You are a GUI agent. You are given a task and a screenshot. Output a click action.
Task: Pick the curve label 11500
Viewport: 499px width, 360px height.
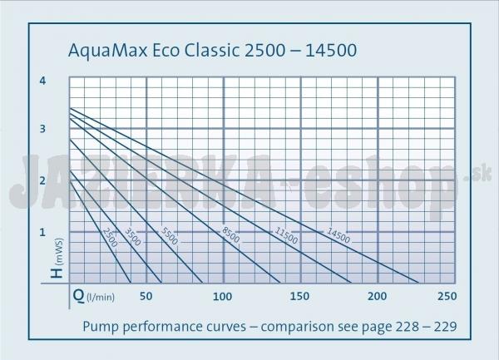[x=288, y=234]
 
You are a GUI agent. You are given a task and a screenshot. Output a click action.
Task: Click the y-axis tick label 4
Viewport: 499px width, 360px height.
[x=42, y=81]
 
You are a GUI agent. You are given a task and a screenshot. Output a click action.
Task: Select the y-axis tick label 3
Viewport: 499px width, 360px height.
[x=42, y=130]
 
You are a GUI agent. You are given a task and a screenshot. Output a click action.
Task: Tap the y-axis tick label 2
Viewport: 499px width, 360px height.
[x=42, y=180]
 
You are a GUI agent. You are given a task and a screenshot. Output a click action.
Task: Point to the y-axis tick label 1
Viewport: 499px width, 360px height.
[x=42, y=232]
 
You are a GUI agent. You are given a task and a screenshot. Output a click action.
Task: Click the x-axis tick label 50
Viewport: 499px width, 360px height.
[x=146, y=296]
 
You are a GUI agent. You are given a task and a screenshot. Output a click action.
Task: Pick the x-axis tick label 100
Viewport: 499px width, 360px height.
[x=222, y=296]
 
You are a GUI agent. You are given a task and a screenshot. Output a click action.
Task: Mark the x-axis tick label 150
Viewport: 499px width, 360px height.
[x=299, y=296]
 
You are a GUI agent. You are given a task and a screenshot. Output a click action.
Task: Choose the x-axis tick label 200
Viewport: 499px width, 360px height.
[x=377, y=296]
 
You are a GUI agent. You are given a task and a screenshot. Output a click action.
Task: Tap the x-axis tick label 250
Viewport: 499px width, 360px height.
[x=447, y=296]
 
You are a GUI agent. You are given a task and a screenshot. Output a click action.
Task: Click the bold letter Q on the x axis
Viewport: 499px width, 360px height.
[x=77, y=295]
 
